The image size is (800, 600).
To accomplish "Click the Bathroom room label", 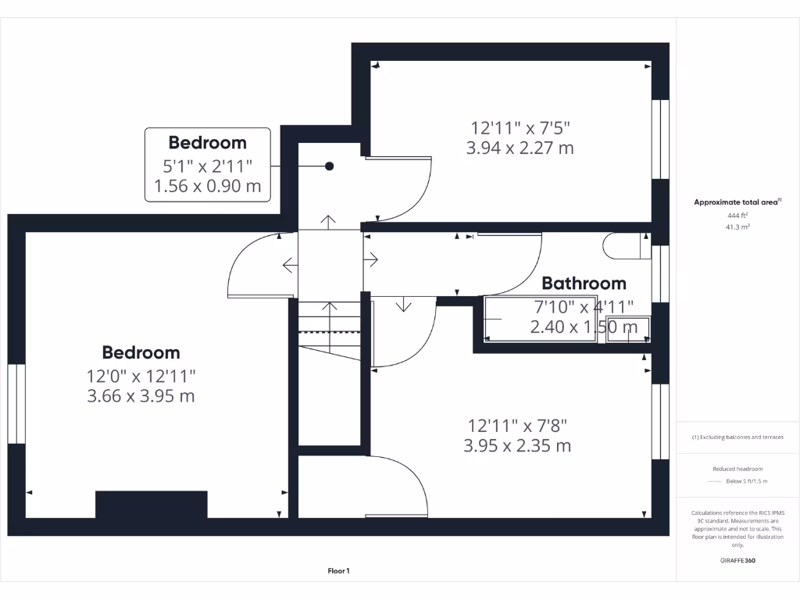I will click(584, 283).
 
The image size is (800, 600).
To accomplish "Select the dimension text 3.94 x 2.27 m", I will click(520, 148).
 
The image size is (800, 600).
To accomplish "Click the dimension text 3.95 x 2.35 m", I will click(518, 446).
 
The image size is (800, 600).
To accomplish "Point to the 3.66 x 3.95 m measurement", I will click(141, 396).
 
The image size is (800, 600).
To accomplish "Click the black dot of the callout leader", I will click(330, 166).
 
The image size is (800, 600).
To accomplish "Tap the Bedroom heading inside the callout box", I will click(207, 142).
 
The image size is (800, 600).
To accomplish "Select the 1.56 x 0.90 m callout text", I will click(207, 187).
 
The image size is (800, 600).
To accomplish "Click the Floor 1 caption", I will click(338, 571).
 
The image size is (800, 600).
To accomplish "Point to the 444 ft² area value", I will click(737, 215).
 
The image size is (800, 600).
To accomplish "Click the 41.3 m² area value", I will click(737, 227).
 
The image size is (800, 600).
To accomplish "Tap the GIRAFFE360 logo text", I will click(737, 560).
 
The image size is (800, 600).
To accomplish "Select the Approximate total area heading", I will click(737, 202).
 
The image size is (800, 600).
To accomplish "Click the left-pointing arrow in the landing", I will click(289, 265).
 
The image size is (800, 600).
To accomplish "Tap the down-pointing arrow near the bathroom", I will click(403, 304).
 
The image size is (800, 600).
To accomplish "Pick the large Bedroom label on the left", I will click(141, 352).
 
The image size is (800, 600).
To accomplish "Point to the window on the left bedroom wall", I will click(16, 403).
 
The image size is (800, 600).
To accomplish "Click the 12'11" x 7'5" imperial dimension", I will click(520, 127).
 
